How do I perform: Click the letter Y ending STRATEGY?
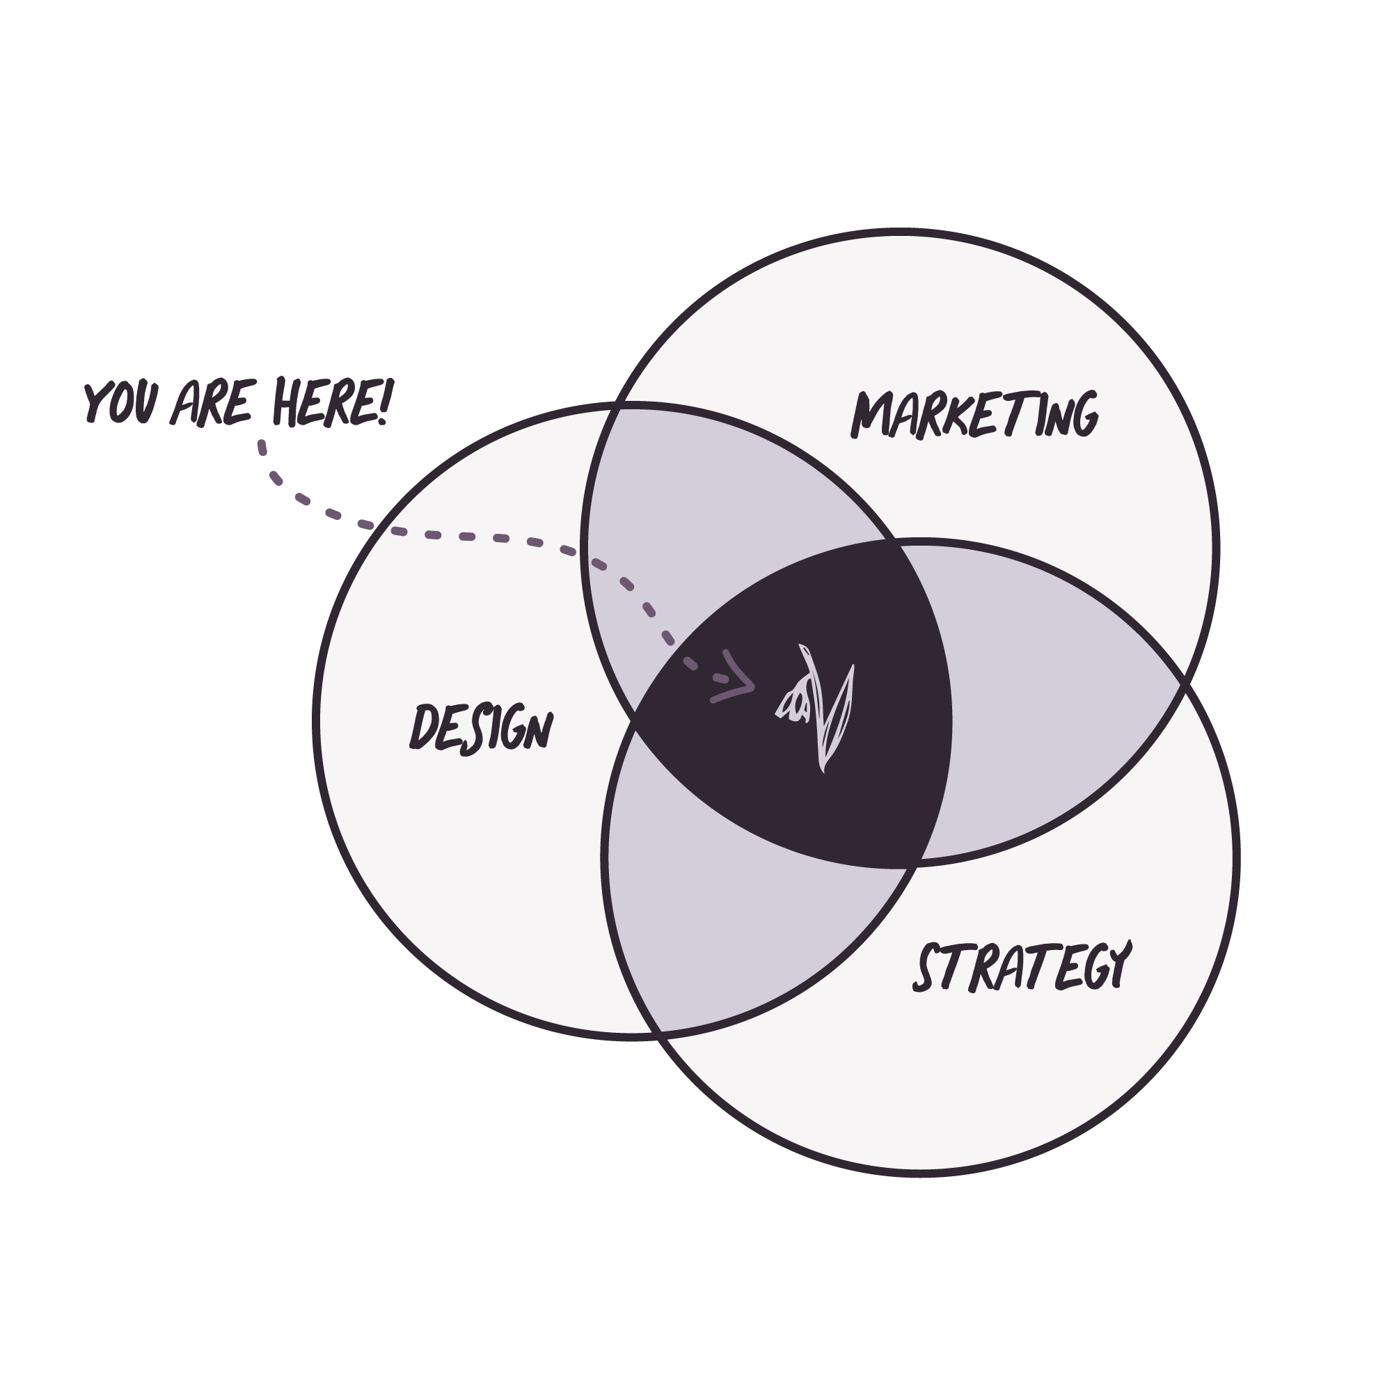coord(1118,963)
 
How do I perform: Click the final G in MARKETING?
coord(1081,416)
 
